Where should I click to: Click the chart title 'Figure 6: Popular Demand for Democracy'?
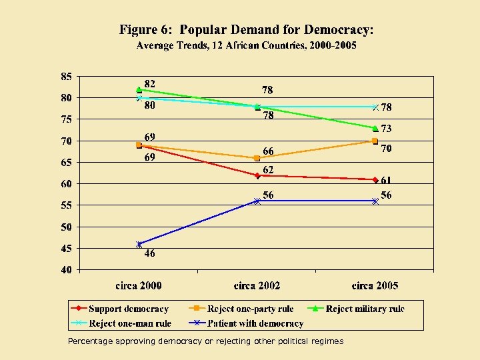[x=246, y=30]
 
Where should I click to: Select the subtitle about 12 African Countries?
[x=246, y=45]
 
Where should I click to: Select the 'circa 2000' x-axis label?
[x=139, y=286]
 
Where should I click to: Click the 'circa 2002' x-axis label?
[x=257, y=286]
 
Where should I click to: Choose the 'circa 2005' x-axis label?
[x=375, y=286]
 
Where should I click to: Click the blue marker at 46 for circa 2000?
[x=139, y=245]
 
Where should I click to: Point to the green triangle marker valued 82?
[x=139, y=89]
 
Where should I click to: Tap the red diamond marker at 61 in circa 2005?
[x=375, y=180]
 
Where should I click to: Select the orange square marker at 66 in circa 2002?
[x=257, y=158]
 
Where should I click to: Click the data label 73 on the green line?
[x=386, y=129]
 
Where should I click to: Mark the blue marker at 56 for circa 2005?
[x=375, y=201]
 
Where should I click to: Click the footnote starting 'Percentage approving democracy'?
[x=206, y=341]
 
